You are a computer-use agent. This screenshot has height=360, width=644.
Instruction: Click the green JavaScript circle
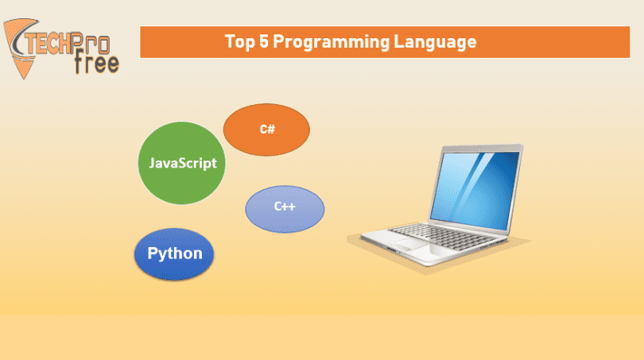click(x=181, y=163)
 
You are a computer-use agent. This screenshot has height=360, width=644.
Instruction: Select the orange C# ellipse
click(x=266, y=130)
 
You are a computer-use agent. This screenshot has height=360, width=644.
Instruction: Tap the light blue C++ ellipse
click(x=285, y=209)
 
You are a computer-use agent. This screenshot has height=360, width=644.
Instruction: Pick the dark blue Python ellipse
click(x=174, y=254)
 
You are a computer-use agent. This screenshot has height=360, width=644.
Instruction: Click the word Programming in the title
click(x=331, y=42)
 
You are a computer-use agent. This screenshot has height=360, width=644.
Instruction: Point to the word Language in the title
click(x=436, y=42)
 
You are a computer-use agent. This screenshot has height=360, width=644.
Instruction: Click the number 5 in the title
click(x=264, y=41)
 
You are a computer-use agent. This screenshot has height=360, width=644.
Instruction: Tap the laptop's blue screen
click(x=475, y=190)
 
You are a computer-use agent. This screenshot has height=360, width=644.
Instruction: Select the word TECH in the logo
click(x=48, y=44)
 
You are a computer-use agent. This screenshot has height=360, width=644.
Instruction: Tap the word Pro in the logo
click(x=91, y=43)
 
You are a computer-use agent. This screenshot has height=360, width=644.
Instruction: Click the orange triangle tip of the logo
click(x=23, y=77)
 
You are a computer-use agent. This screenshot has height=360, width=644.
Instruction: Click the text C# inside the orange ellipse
click(x=267, y=130)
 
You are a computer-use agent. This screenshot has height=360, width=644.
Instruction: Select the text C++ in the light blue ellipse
click(x=285, y=206)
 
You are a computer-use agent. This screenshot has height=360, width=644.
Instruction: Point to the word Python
click(x=175, y=254)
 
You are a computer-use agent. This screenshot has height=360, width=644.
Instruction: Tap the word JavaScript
click(x=183, y=164)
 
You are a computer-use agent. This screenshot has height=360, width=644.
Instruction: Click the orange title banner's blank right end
click(x=554, y=42)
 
